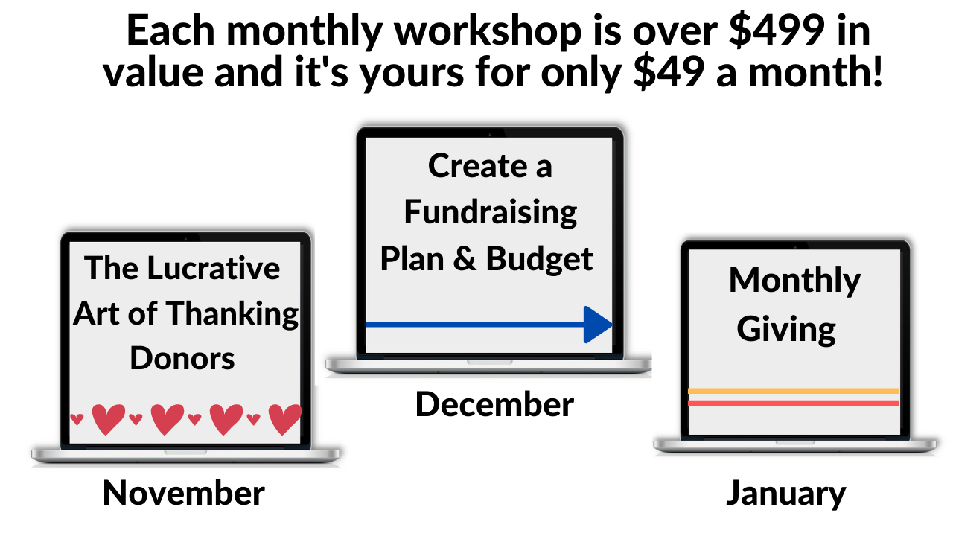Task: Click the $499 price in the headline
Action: (x=777, y=31)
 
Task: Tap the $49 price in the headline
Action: (x=669, y=72)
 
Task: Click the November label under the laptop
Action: (x=184, y=493)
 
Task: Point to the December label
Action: (x=494, y=404)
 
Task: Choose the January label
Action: (x=785, y=494)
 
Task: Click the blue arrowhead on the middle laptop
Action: (x=598, y=325)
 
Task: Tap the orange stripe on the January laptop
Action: (x=794, y=391)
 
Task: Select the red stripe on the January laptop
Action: (x=794, y=403)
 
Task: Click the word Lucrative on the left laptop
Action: (x=213, y=268)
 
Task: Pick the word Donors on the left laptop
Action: (x=182, y=358)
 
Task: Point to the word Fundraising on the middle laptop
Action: (x=490, y=213)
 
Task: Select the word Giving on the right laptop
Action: (x=786, y=330)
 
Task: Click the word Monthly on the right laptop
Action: (x=794, y=281)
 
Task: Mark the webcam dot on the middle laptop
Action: (x=490, y=134)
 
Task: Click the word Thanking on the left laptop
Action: (x=232, y=314)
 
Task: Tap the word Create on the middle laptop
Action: (x=478, y=165)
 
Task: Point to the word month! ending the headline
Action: (x=815, y=71)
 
